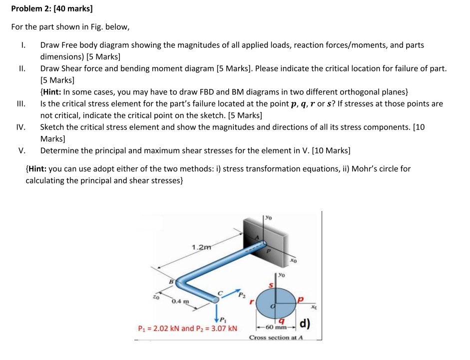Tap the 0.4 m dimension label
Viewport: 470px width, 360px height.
click(178, 301)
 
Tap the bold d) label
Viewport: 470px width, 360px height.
click(305, 324)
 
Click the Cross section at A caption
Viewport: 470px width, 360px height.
click(276, 338)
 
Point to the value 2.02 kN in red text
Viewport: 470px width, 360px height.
click(165, 328)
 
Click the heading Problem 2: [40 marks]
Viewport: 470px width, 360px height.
click(52, 8)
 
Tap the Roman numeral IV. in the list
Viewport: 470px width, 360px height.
click(20, 127)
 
